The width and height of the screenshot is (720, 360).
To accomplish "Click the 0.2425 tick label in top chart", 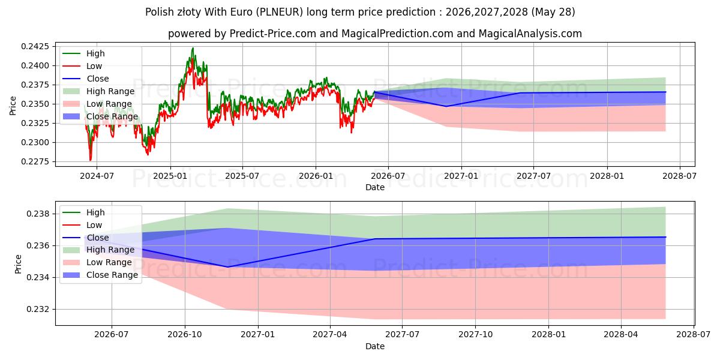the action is [35, 47].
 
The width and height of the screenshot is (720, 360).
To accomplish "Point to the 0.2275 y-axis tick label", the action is [35, 161].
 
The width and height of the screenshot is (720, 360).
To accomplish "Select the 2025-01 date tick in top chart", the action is [170, 176].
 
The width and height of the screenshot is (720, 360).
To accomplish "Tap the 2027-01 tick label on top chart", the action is [461, 176].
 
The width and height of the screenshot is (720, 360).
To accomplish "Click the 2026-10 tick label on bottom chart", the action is [185, 335].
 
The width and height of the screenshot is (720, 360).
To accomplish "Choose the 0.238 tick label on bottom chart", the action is [38, 214].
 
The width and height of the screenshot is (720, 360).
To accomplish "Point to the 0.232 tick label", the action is [38, 309].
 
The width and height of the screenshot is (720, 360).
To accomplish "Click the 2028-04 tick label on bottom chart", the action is [621, 335].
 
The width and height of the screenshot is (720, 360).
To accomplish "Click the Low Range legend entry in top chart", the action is [97, 104].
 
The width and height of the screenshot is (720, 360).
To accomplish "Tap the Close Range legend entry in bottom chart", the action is [100, 275].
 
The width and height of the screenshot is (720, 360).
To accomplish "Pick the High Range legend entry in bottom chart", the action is [98, 250].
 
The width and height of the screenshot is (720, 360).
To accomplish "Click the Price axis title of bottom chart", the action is [18, 264].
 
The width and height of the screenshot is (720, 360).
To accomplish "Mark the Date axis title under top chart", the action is [375, 187].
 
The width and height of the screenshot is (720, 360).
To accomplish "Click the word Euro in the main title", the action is [241, 12].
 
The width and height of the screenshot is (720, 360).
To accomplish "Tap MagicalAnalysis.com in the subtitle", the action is [530, 34].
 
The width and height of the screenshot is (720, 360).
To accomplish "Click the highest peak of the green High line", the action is [193, 48].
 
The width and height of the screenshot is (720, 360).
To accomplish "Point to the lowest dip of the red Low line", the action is [91, 160].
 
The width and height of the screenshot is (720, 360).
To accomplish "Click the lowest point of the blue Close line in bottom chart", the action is [227, 267].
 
